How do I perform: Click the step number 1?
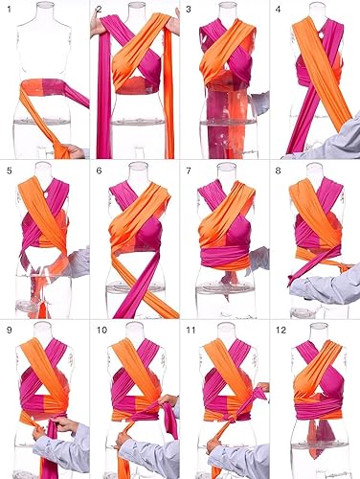(x=9, y=10)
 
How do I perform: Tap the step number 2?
(x=100, y=10)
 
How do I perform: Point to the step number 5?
(x=9, y=170)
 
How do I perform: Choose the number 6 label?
(x=100, y=170)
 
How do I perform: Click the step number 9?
(x=9, y=330)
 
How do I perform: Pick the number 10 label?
(x=101, y=330)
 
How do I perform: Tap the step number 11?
(x=191, y=330)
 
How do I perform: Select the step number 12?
(x=283, y=330)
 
